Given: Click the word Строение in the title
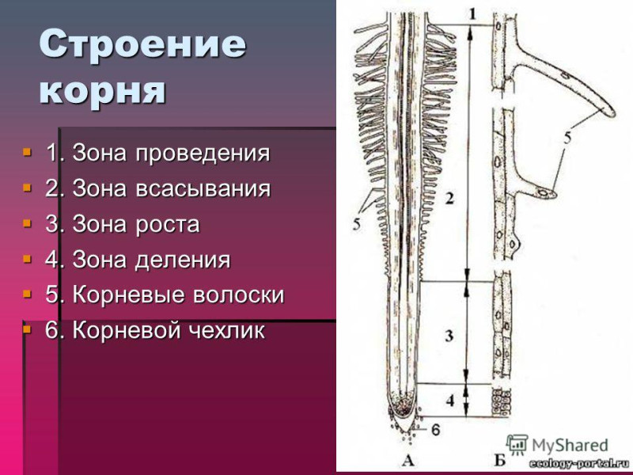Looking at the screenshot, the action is pyautogui.click(x=142, y=44).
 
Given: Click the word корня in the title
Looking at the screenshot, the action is pyautogui.click(x=102, y=90).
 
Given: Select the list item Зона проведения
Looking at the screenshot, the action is pyautogui.click(x=157, y=153).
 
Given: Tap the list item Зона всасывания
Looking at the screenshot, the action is pyautogui.click(x=157, y=188).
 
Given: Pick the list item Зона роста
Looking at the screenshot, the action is pyautogui.click(x=123, y=224).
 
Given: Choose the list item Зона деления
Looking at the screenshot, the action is pyautogui.click(x=138, y=260).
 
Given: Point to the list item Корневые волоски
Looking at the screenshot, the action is pyautogui.click(x=165, y=294).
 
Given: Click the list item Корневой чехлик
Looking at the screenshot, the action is pyautogui.click(x=155, y=330).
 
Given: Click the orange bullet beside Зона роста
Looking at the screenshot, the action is pyautogui.click(x=27, y=223).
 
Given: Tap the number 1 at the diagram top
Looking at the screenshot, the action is pyautogui.click(x=472, y=14).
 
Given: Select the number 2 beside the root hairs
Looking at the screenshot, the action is pyautogui.click(x=449, y=199).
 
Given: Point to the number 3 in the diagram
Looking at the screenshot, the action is pyautogui.click(x=449, y=336).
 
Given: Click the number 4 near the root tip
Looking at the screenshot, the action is pyautogui.click(x=450, y=400).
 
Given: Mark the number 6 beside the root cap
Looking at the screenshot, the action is pyautogui.click(x=436, y=430).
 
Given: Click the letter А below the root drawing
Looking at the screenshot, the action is pyautogui.click(x=408, y=460).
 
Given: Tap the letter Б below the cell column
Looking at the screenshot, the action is pyautogui.click(x=500, y=460).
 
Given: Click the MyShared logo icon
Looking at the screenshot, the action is pyautogui.click(x=517, y=445).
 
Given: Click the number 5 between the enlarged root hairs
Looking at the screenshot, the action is pyautogui.click(x=567, y=139).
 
